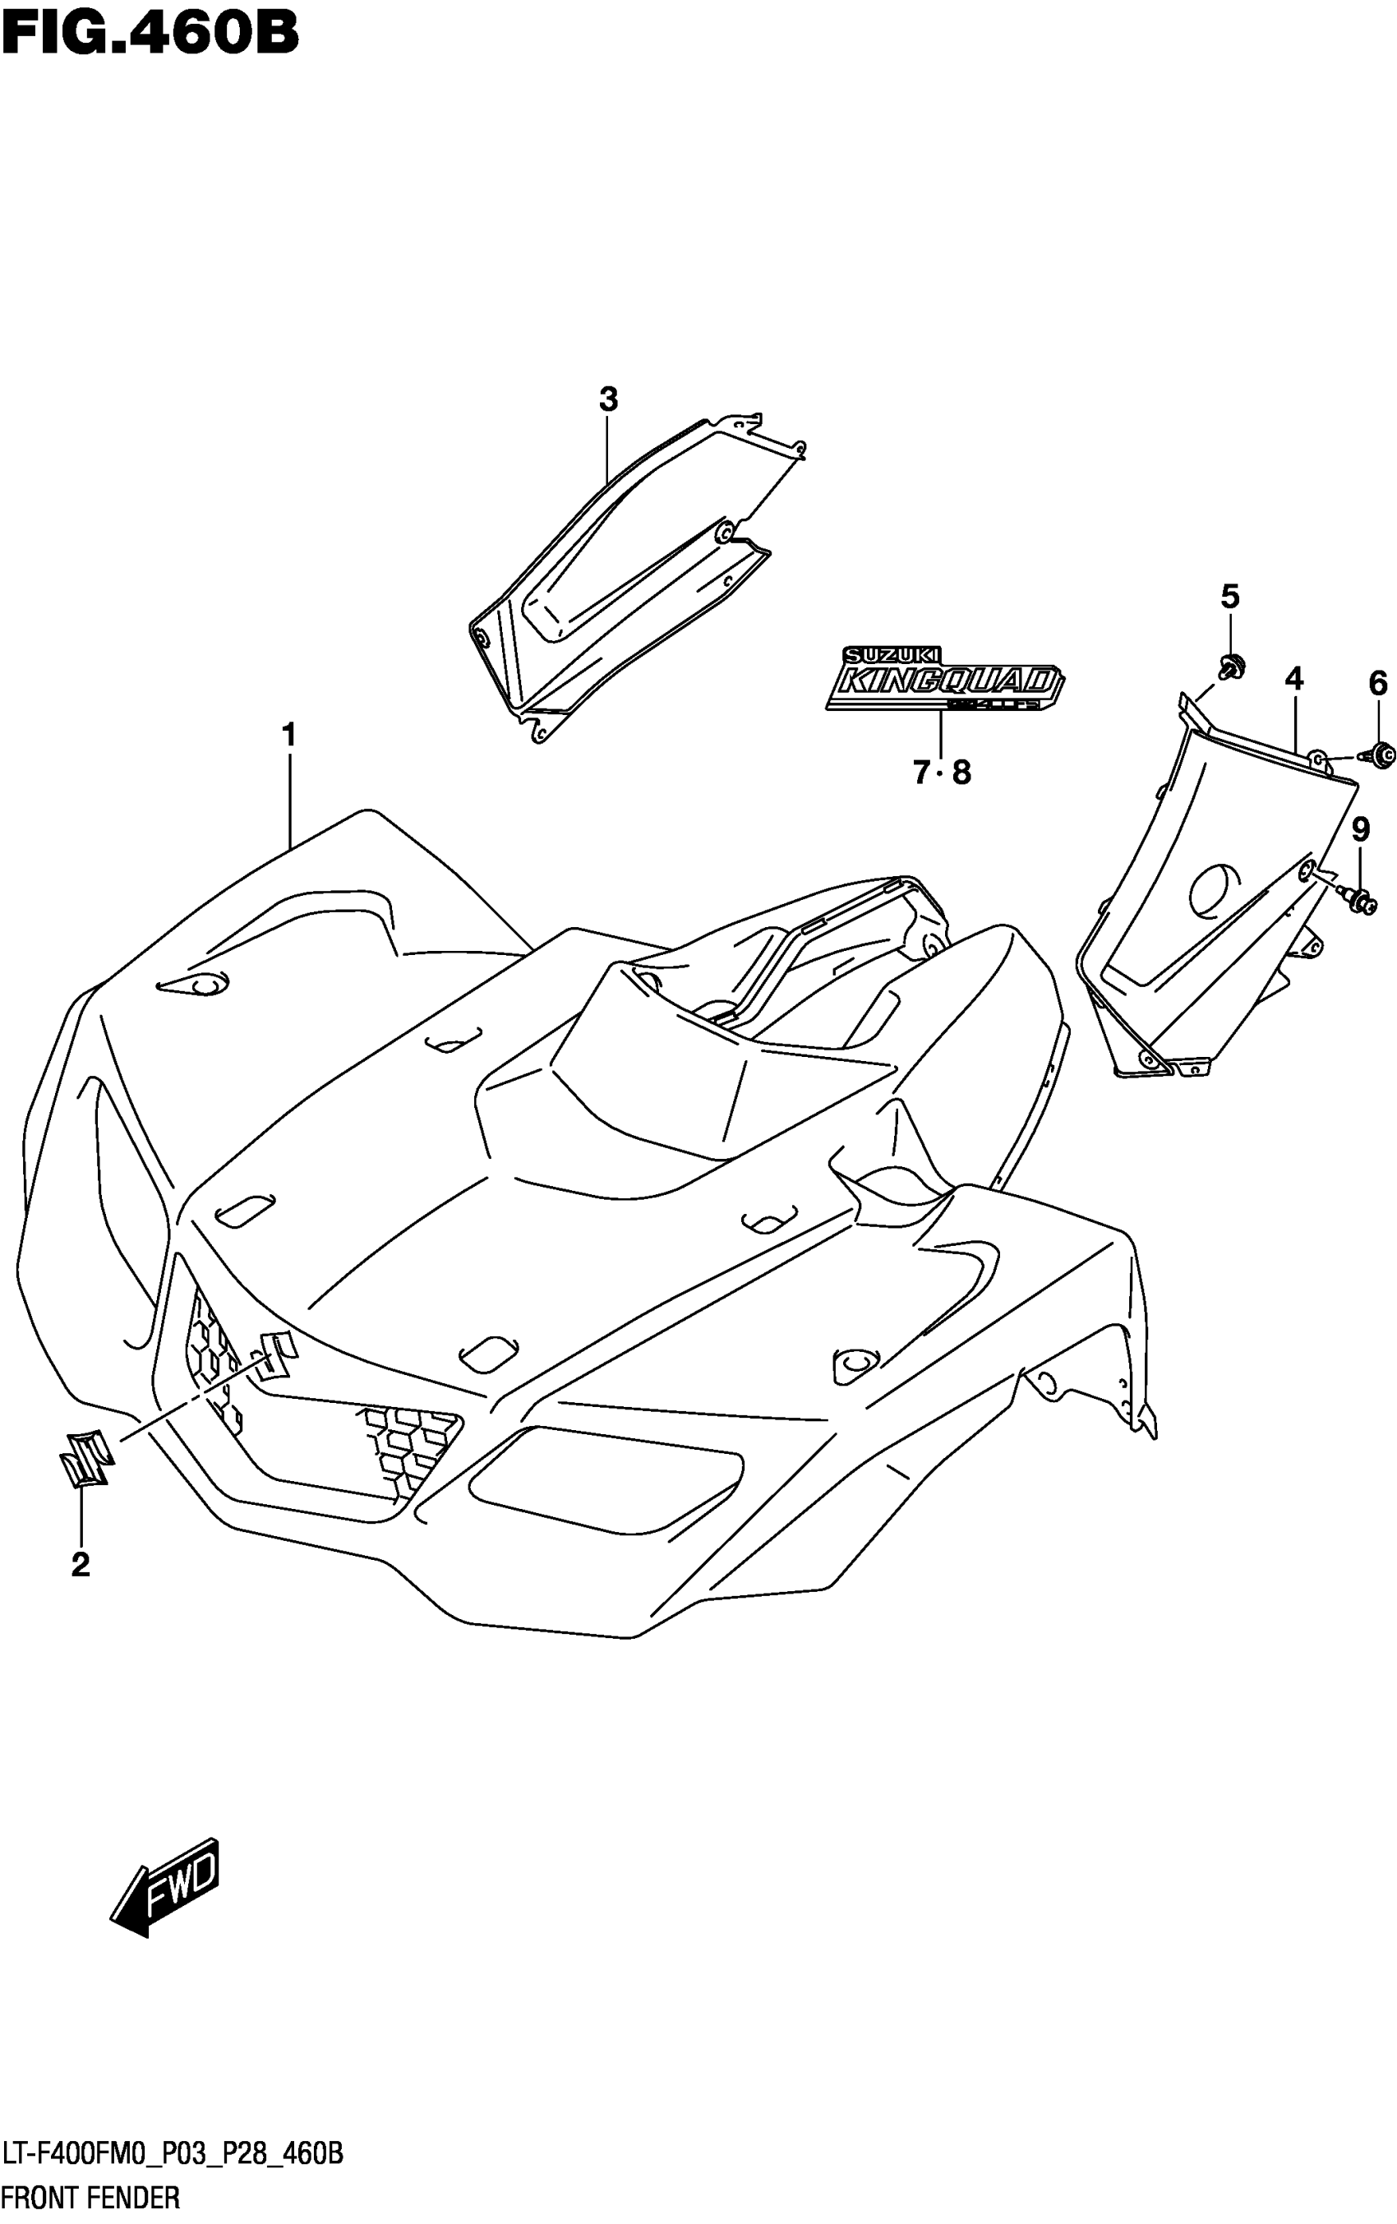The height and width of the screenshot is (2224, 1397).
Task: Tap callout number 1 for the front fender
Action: point(289,736)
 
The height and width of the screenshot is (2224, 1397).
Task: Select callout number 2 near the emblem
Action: point(81,1565)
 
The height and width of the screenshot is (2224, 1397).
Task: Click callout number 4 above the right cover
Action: point(1293,680)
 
